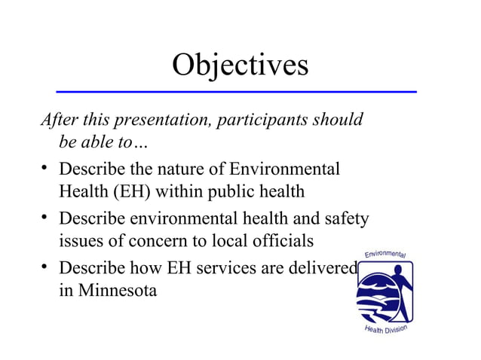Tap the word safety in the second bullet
coord(344,219)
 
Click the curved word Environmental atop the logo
coord(385,253)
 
